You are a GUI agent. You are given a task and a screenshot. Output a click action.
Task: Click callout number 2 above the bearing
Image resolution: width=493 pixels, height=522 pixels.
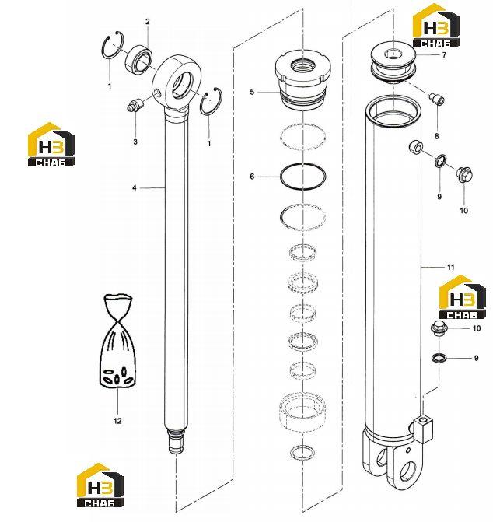148,22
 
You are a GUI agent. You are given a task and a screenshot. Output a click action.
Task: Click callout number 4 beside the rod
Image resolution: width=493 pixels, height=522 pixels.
134,188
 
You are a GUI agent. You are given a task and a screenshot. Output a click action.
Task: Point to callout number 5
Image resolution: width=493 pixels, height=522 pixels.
252,92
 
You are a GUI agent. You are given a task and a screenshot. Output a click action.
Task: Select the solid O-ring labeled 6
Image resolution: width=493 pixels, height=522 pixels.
302,177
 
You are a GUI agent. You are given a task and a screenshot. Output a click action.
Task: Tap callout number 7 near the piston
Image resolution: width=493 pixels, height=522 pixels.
444,54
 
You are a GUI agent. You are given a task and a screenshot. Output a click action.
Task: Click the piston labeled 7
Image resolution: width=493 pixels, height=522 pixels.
393,65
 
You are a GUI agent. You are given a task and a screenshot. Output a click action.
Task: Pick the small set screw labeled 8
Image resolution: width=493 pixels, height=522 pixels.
436,100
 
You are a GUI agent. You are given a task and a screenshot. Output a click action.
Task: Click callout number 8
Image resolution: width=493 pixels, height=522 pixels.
436,136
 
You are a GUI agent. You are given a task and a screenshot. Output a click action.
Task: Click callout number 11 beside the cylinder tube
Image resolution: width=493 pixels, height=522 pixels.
450,267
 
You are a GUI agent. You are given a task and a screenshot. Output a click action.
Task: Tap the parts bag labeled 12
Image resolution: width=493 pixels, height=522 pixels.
117,340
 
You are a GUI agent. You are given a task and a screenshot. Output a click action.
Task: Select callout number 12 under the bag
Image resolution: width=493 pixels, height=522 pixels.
117,421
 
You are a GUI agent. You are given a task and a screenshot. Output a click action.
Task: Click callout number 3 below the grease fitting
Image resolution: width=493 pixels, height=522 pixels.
135,142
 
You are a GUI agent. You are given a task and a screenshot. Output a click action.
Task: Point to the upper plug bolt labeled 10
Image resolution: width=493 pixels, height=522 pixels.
465,174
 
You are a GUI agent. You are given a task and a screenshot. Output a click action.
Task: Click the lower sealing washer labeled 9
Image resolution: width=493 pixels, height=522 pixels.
438,358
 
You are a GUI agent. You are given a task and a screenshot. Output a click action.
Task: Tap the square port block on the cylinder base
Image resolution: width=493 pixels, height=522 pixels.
424,429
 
